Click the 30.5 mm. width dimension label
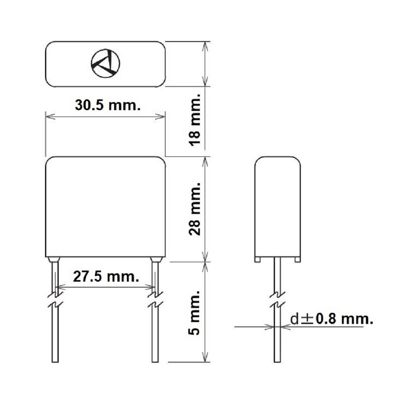[108, 105]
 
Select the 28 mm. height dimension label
[195, 209]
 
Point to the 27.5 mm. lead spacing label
[106, 277]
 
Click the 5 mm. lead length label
[195, 313]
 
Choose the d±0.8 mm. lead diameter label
[332, 319]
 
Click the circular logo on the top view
[105, 63]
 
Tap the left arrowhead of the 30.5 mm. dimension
[50, 117]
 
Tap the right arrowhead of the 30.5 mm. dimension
[160, 117]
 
